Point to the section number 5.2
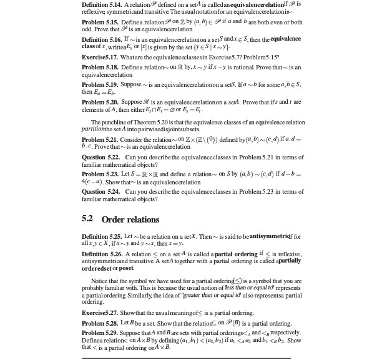pyautogui.click(x=88, y=219)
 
